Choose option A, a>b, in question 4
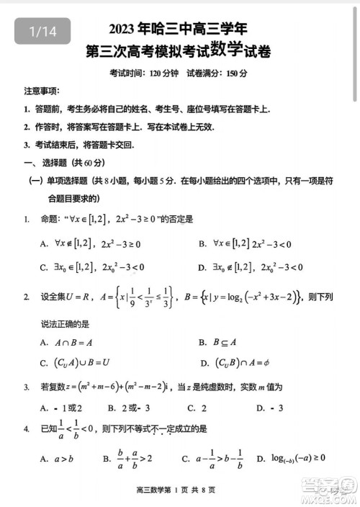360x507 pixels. pyautogui.click(x=58, y=458)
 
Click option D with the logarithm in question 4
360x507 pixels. pyautogui.click(x=296, y=458)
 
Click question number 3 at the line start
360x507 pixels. pyautogui.click(x=26, y=387)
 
